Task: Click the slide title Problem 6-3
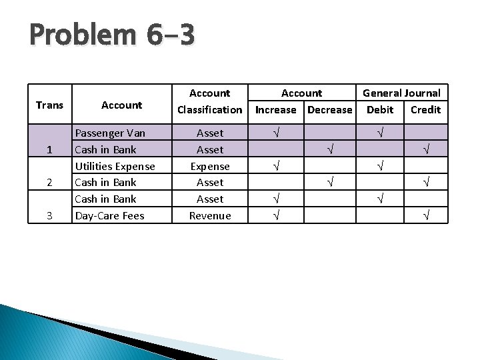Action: pyautogui.click(x=112, y=35)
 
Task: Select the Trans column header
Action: pyautogui.click(x=49, y=105)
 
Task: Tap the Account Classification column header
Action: pyautogui.click(x=210, y=101)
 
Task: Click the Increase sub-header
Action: pyautogui.click(x=275, y=110)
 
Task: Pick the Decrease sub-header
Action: pyautogui.click(x=330, y=110)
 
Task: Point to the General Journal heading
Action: pyautogui.click(x=401, y=93)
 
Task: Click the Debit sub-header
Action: pyautogui.click(x=380, y=110)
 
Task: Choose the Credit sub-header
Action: pyautogui.click(x=425, y=110)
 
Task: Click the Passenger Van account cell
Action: pyautogui.click(x=110, y=133)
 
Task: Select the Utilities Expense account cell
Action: pyautogui.click(x=115, y=166)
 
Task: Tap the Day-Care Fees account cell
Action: pyautogui.click(x=109, y=215)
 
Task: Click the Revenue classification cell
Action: pyautogui.click(x=210, y=215)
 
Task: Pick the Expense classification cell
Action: pyautogui.click(x=210, y=166)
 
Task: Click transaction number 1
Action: pyautogui.click(x=49, y=149)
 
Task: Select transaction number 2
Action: pyautogui.click(x=49, y=182)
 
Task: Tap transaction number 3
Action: pyautogui.click(x=49, y=215)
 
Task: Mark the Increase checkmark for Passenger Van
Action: pyautogui.click(x=275, y=133)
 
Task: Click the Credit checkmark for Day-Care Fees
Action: pyautogui.click(x=425, y=215)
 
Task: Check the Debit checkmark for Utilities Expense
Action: pyautogui.click(x=380, y=166)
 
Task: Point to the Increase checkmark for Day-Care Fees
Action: pyautogui.click(x=275, y=215)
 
